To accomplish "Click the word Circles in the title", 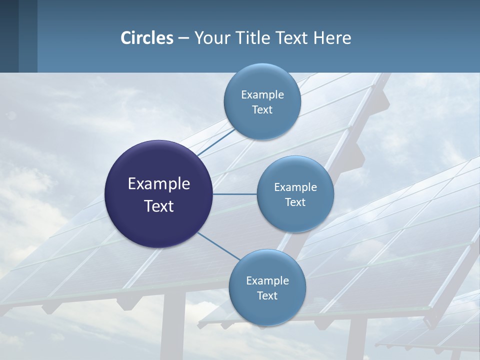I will (146, 38).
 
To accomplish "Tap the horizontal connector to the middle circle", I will (235, 194).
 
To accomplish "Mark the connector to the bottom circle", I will (218, 246).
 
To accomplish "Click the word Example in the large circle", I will (159, 184).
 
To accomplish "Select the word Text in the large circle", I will (159, 206).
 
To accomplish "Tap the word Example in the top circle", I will (262, 94).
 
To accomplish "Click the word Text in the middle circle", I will (295, 202).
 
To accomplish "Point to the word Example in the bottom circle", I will (267, 280).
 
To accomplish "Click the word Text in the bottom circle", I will (267, 295).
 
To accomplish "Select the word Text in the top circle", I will (262, 109).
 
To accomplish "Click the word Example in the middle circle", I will (295, 187).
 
